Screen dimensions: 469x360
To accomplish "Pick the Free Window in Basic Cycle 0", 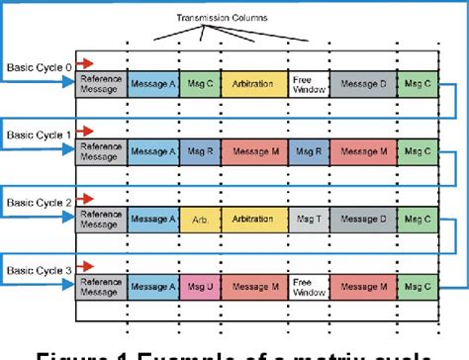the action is (307, 83).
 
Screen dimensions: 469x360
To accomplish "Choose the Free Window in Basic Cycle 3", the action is (307, 286).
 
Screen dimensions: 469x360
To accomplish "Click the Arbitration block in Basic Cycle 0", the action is (254, 83).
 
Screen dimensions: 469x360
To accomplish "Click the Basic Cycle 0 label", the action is (38, 67).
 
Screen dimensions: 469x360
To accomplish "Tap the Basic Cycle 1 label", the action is (38, 133).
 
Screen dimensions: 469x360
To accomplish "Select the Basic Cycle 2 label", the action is (38, 201).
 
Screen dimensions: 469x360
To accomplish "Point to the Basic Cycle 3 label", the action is (38, 269).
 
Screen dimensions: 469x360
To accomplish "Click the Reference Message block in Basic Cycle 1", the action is (102, 150).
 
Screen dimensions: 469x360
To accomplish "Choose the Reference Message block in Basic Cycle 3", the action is (102, 286).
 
